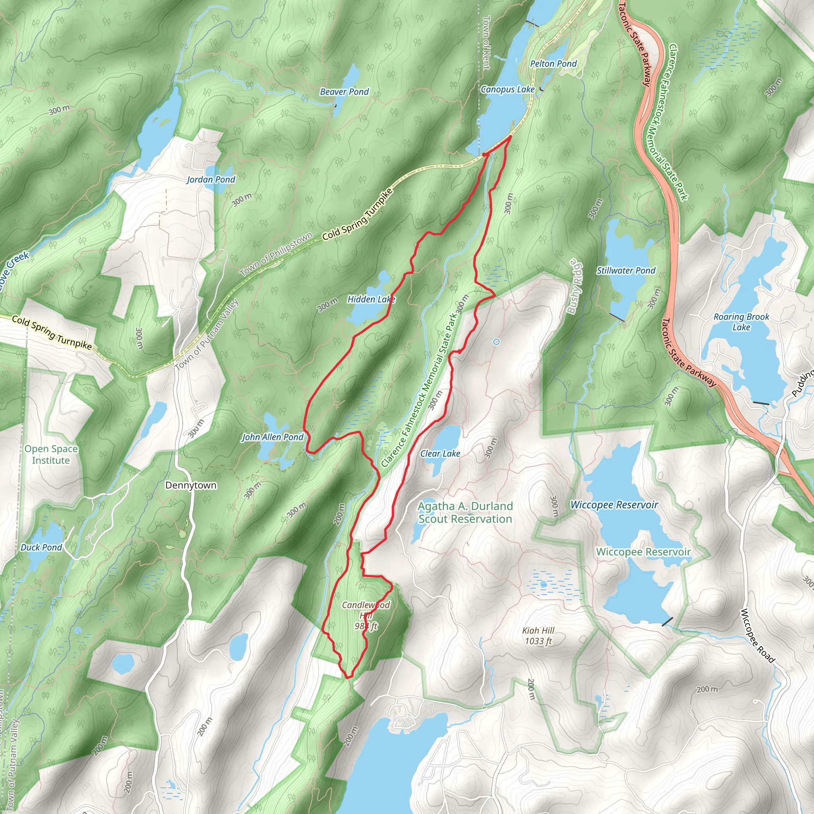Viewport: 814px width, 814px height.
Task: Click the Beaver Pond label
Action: click(x=344, y=92)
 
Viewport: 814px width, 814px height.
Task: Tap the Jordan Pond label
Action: click(x=211, y=180)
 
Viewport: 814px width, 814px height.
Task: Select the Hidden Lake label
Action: click(x=371, y=300)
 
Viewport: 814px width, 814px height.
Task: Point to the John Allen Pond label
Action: click(x=272, y=437)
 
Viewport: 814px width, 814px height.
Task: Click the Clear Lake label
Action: click(x=440, y=454)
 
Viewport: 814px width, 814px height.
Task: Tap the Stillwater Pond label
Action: click(x=626, y=271)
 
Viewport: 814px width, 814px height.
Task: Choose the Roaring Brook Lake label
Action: click(x=741, y=322)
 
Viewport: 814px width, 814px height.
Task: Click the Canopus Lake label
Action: click(x=507, y=89)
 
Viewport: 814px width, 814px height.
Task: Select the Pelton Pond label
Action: click(x=553, y=64)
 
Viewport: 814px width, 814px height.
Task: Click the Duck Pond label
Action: click(x=41, y=547)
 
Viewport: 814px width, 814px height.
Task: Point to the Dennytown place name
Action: click(x=190, y=485)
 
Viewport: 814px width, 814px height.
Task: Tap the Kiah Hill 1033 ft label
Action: click(x=538, y=636)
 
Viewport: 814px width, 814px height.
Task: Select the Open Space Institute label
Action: click(x=51, y=455)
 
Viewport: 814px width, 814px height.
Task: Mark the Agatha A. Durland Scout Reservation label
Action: click(x=465, y=513)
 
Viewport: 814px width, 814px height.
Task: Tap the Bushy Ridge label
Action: click(x=574, y=287)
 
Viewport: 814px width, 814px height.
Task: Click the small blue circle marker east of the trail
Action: click(x=496, y=342)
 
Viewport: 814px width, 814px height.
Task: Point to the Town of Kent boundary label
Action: click(x=486, y=43)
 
